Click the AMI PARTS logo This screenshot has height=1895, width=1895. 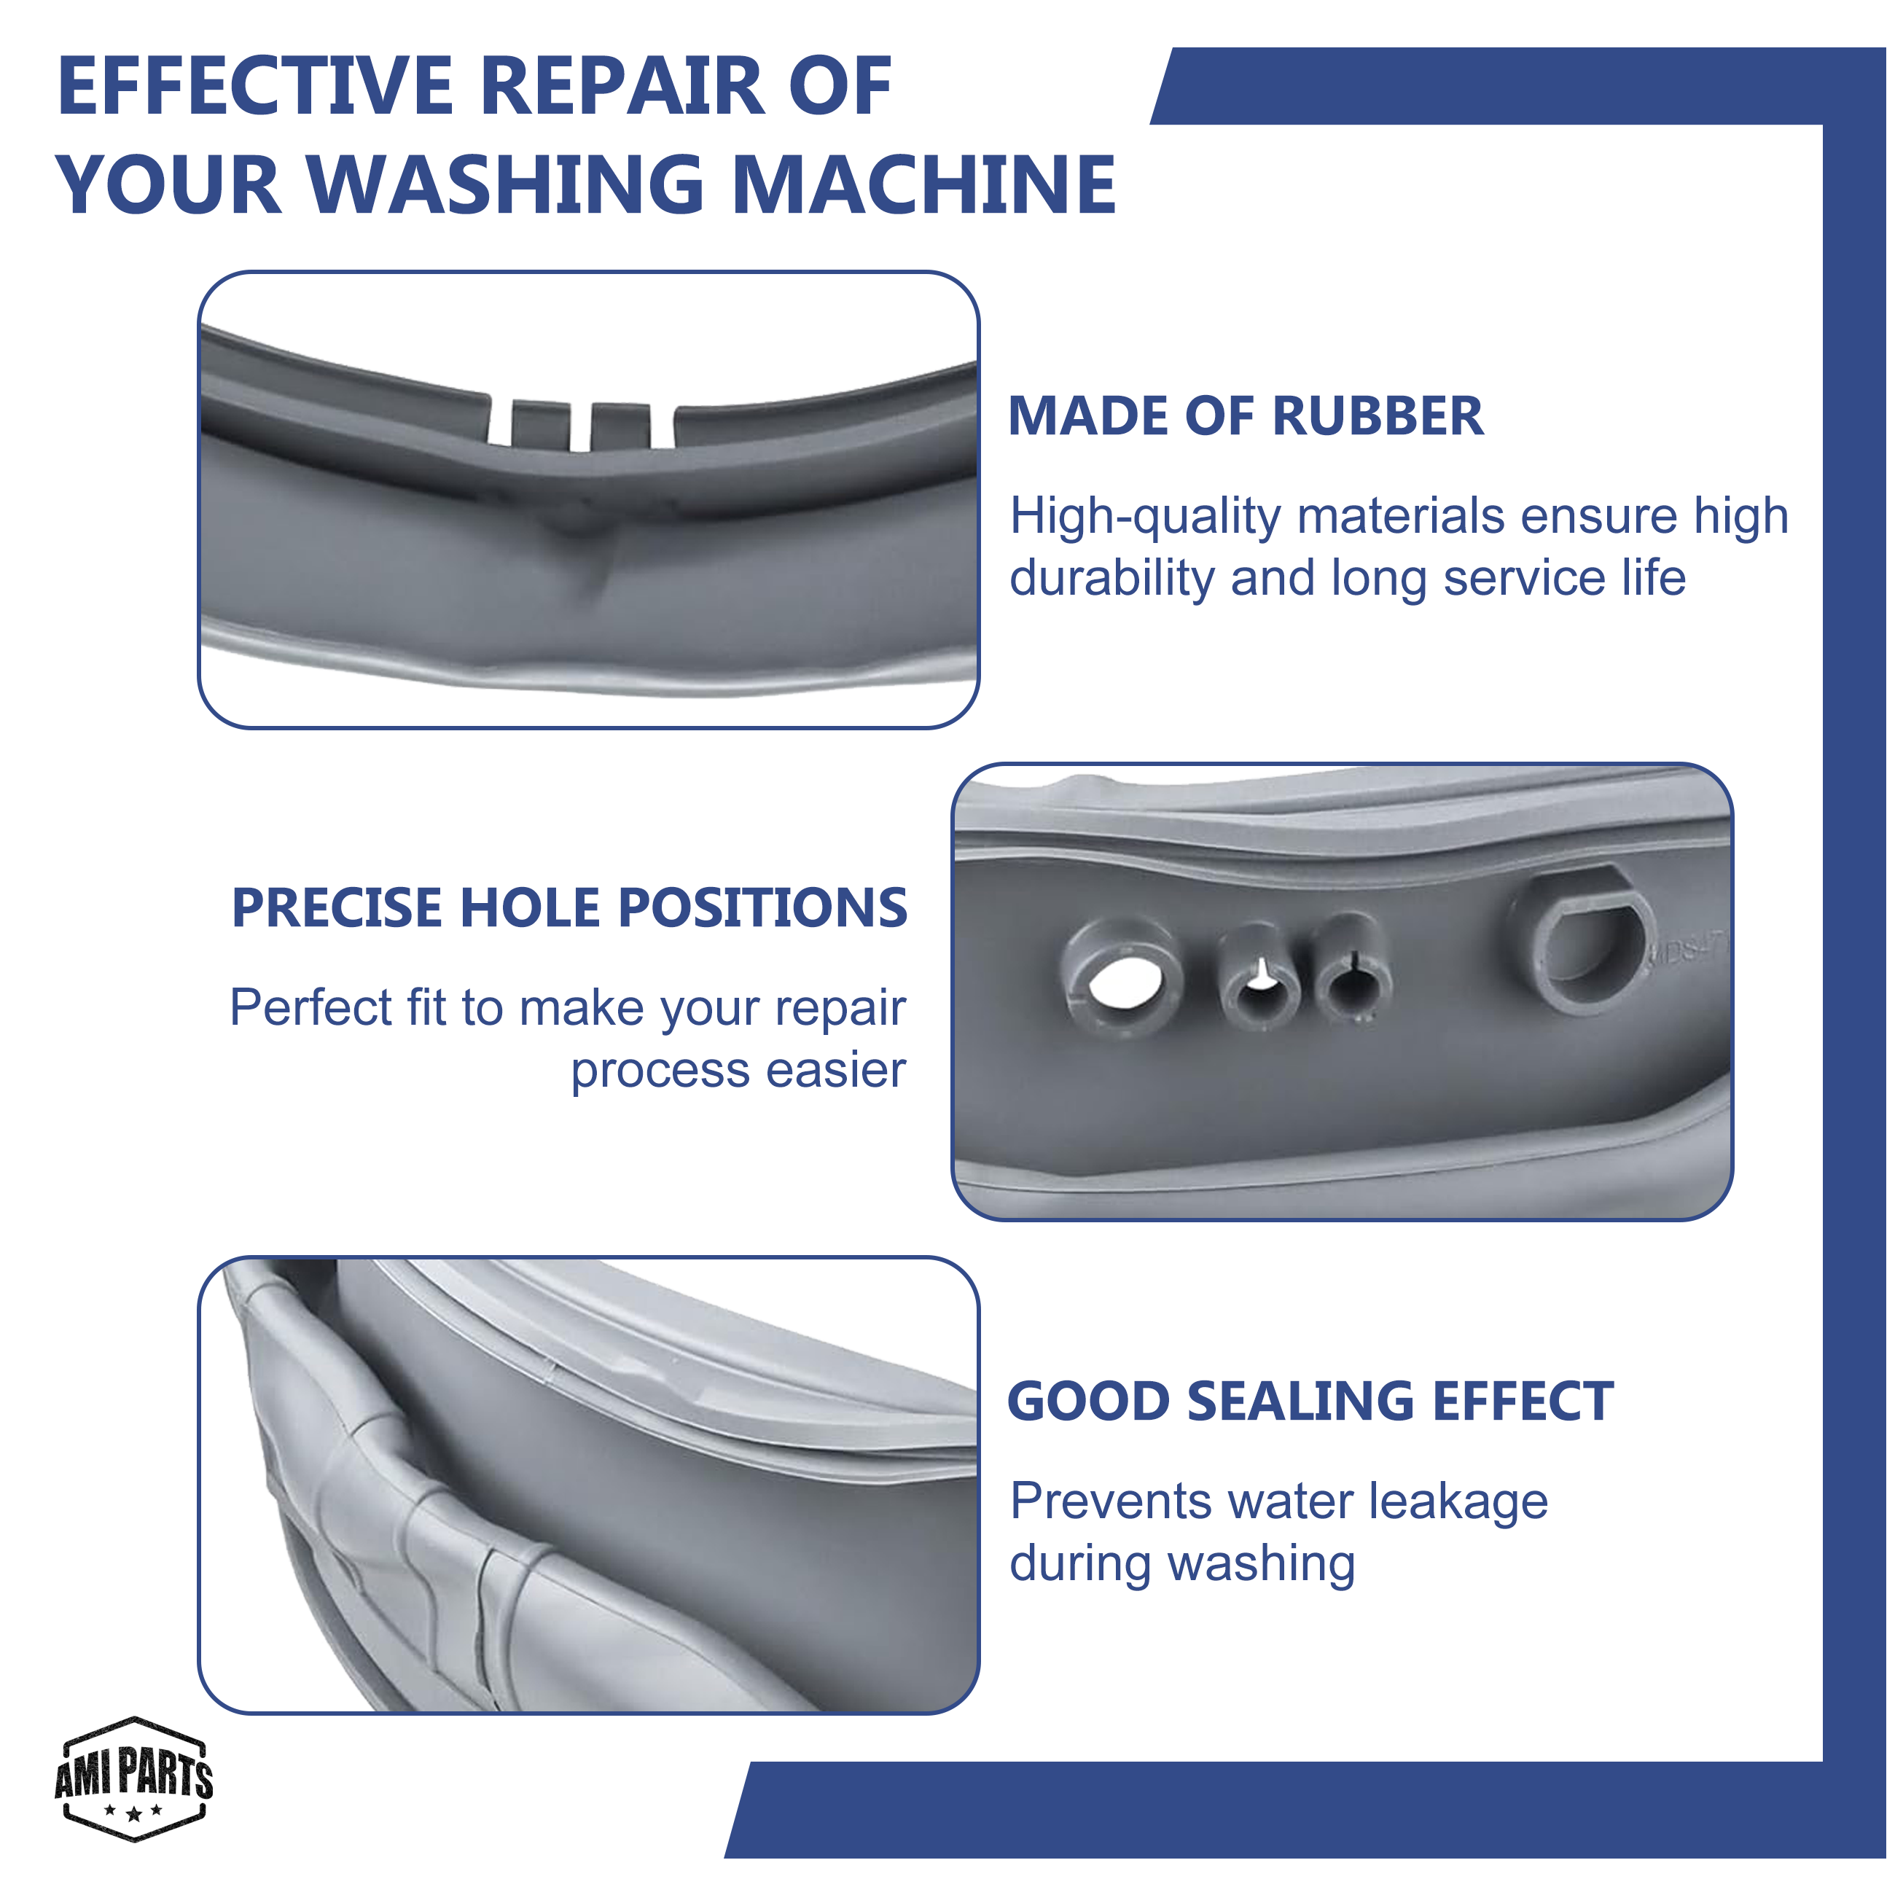coord(134,1778)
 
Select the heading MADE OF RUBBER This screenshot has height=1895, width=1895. coord(1246,416)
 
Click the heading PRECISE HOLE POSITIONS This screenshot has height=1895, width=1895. coord(570,907)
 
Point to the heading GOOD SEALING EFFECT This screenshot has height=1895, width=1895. coord(1310,1401)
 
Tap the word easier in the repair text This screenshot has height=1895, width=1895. coord(836,1070)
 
